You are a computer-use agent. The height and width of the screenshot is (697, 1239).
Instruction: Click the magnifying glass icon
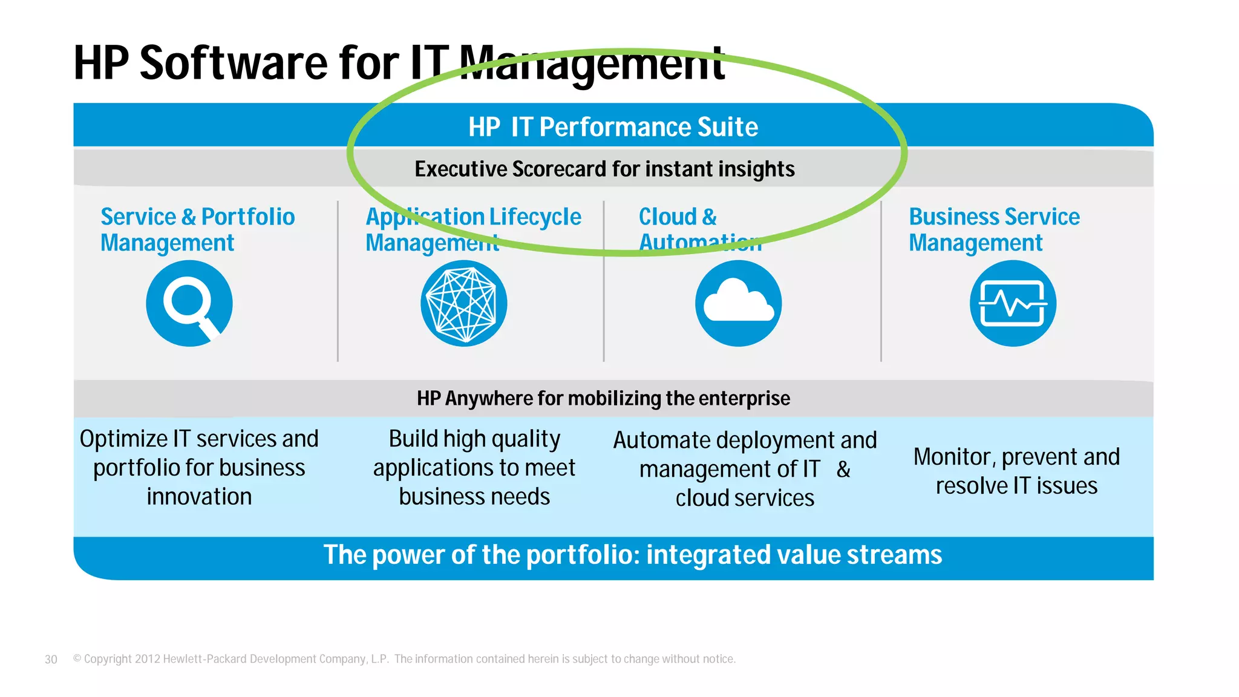click(189, 303)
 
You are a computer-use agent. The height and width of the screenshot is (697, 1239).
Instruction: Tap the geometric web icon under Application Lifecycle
click(463, 303)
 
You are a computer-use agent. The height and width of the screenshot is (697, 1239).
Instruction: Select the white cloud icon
click(738, 302)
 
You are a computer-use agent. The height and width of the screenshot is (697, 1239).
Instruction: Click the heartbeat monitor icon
click(1013, 303)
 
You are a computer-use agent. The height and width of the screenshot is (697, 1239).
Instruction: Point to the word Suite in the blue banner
click(727, 127)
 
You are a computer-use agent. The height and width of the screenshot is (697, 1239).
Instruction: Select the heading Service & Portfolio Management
click(197, 229)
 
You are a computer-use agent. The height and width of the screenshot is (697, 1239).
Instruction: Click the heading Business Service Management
click(993, 229)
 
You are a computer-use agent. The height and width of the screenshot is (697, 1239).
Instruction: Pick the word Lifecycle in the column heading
click(535, 217)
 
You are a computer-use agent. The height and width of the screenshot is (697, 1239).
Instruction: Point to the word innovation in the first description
click(199, 497)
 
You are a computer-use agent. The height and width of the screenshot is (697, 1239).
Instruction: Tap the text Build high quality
click(474, 439)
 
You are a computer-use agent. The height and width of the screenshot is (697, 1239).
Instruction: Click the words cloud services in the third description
click(745, 499)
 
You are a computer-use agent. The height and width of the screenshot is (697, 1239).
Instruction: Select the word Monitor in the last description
click(952, 457)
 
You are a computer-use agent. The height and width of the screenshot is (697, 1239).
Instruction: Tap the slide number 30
click(51, 659)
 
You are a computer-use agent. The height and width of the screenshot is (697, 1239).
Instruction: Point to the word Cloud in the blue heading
click(667, 217)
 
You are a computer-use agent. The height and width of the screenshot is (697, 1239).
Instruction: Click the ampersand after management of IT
click(843, 470)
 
